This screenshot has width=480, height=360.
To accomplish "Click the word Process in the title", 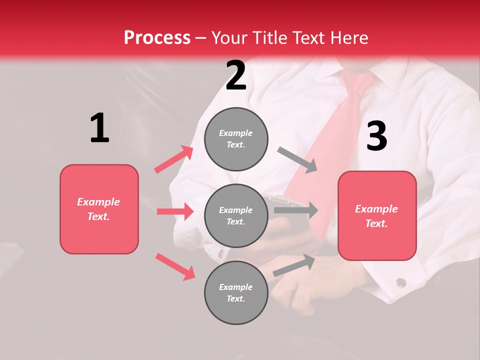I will tap(157, 38).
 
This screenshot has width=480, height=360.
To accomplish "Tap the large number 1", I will tap(99, 128).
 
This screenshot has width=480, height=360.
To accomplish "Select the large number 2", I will tap(236, 75).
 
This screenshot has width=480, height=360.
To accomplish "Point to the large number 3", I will tap(376, 136).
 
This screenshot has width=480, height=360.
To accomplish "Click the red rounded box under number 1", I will tap(99, 209).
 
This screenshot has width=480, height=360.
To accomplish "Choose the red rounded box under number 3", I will tap(377, 215).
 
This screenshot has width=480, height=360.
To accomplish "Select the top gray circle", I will tap(236, 139).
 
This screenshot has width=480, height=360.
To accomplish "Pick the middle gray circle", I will tap(236, 215).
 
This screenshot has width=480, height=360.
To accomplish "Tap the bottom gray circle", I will tap(236, 292).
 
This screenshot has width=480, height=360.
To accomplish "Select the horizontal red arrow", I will tap(175, 211).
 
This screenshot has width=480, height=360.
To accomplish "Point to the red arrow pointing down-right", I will tap(175, 266).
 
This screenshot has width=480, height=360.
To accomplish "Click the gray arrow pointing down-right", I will tap(297, 160).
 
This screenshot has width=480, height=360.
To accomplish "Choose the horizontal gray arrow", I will tap(296, 210).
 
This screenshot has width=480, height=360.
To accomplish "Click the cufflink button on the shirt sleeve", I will tap(400, 282).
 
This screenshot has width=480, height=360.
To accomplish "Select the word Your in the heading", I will tap(228, 38).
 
